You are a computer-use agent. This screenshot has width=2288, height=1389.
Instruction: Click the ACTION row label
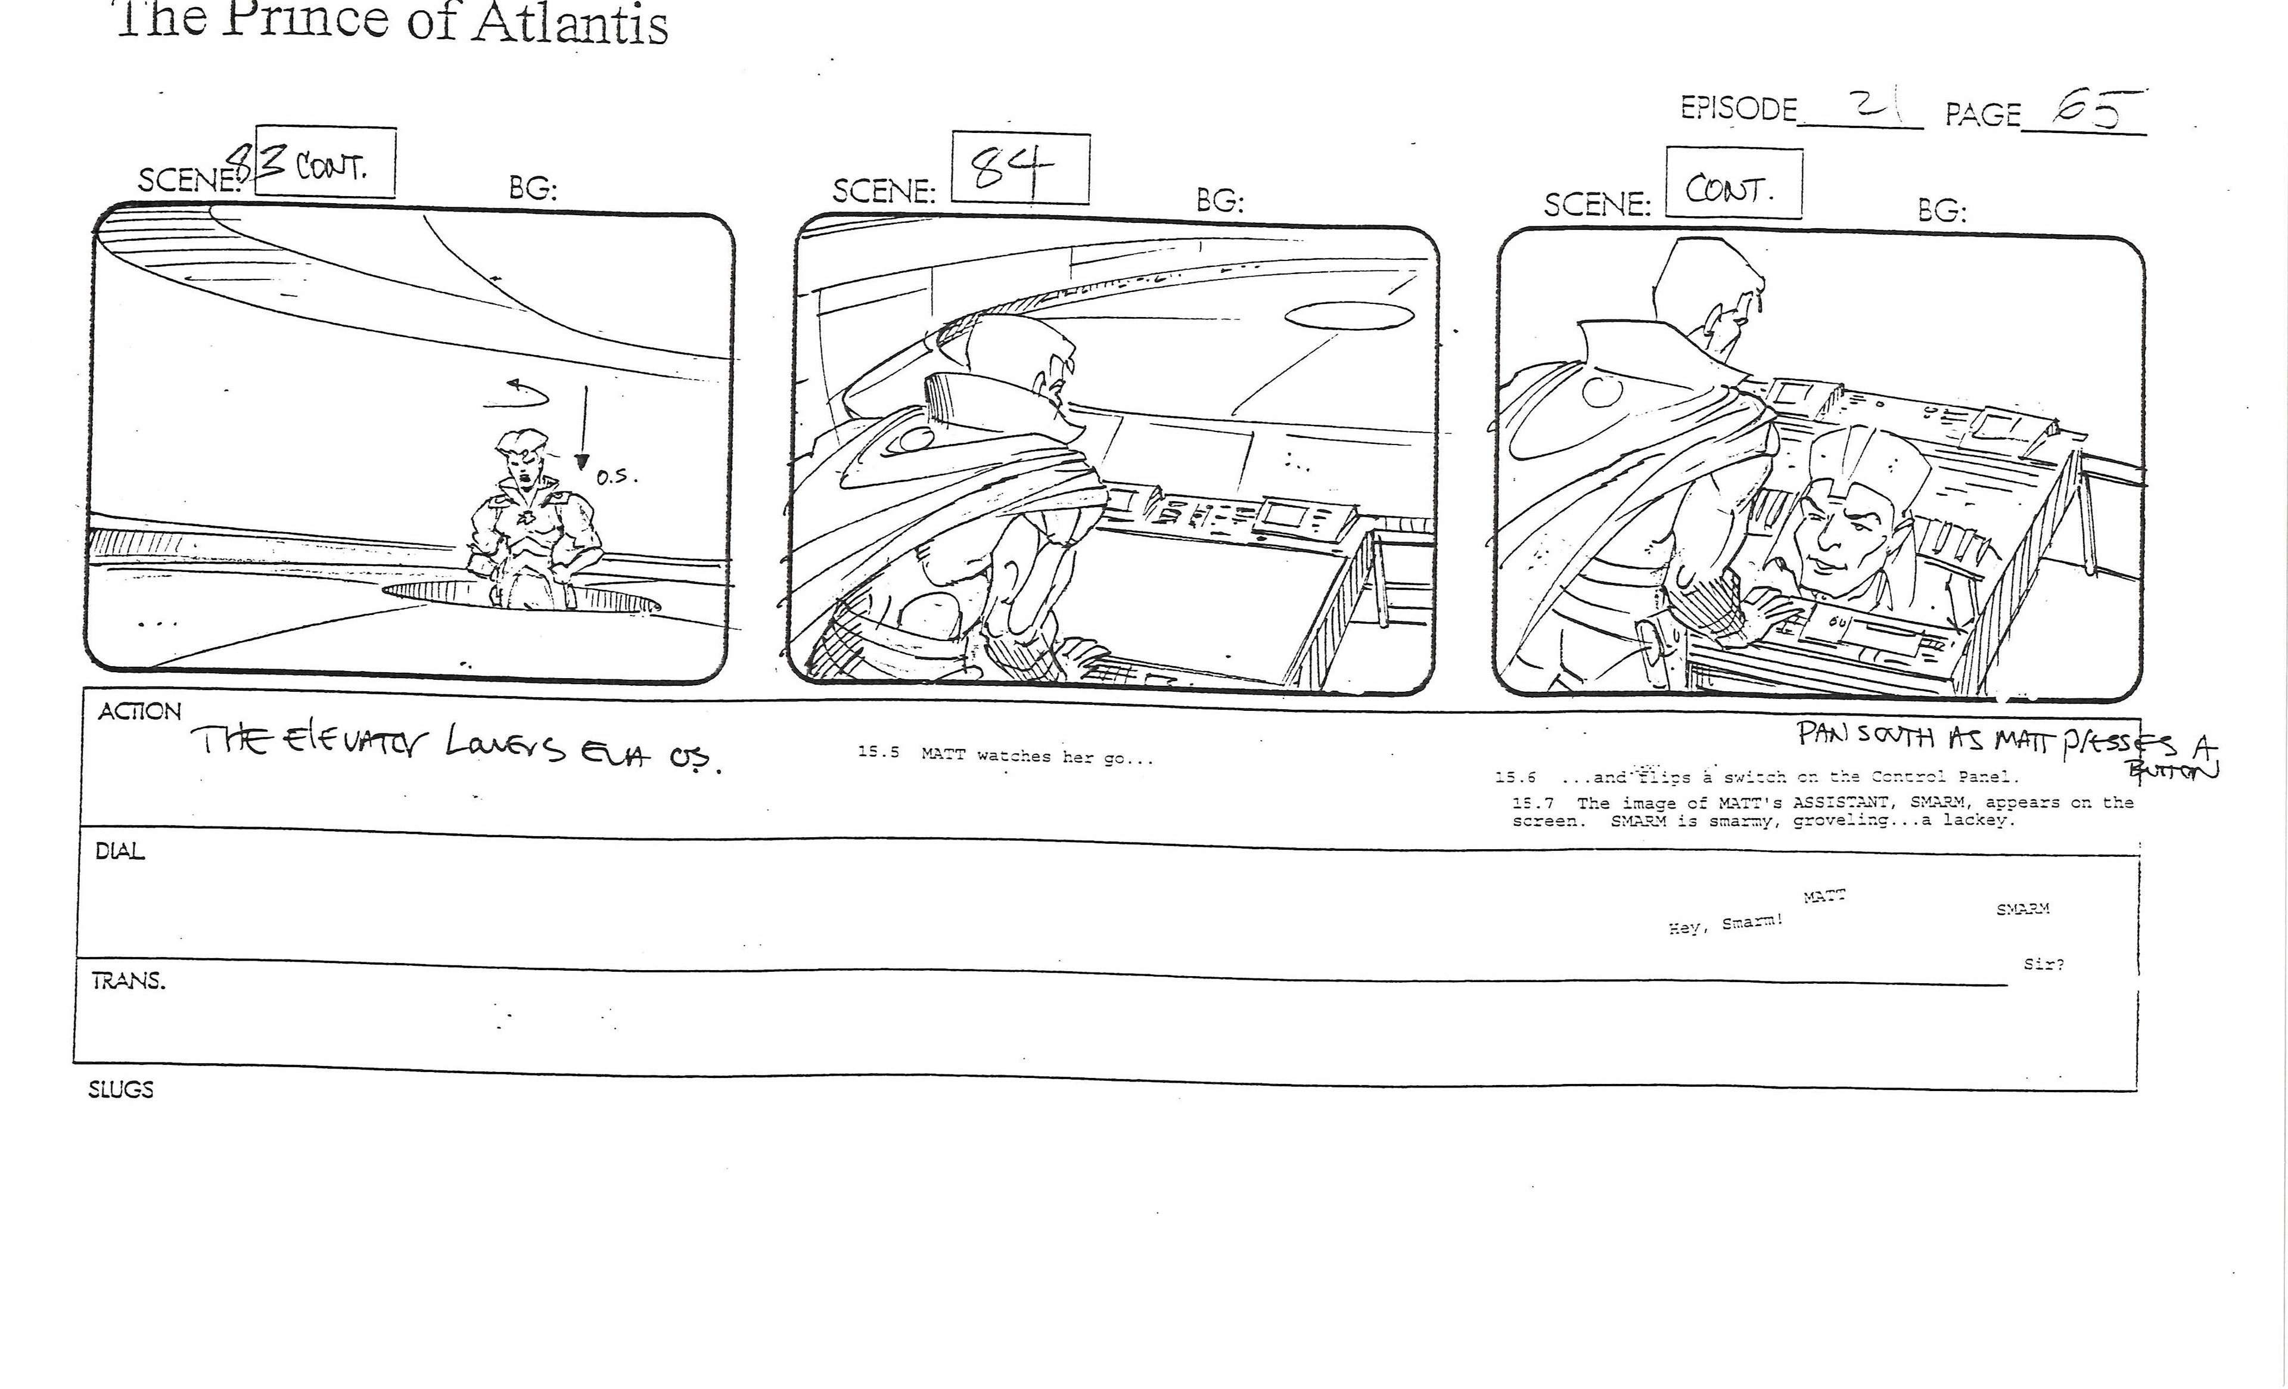coord(139,712)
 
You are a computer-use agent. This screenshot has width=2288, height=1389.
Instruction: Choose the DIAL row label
coord(120,852)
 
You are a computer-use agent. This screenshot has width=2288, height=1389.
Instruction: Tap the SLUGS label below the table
coord(121,1089)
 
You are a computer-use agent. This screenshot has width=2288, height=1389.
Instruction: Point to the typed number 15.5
coord(878,752)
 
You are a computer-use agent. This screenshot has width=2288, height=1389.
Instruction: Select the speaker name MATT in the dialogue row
coord(1824,896)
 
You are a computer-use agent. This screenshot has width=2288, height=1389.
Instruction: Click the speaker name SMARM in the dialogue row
coord(2022,909)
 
